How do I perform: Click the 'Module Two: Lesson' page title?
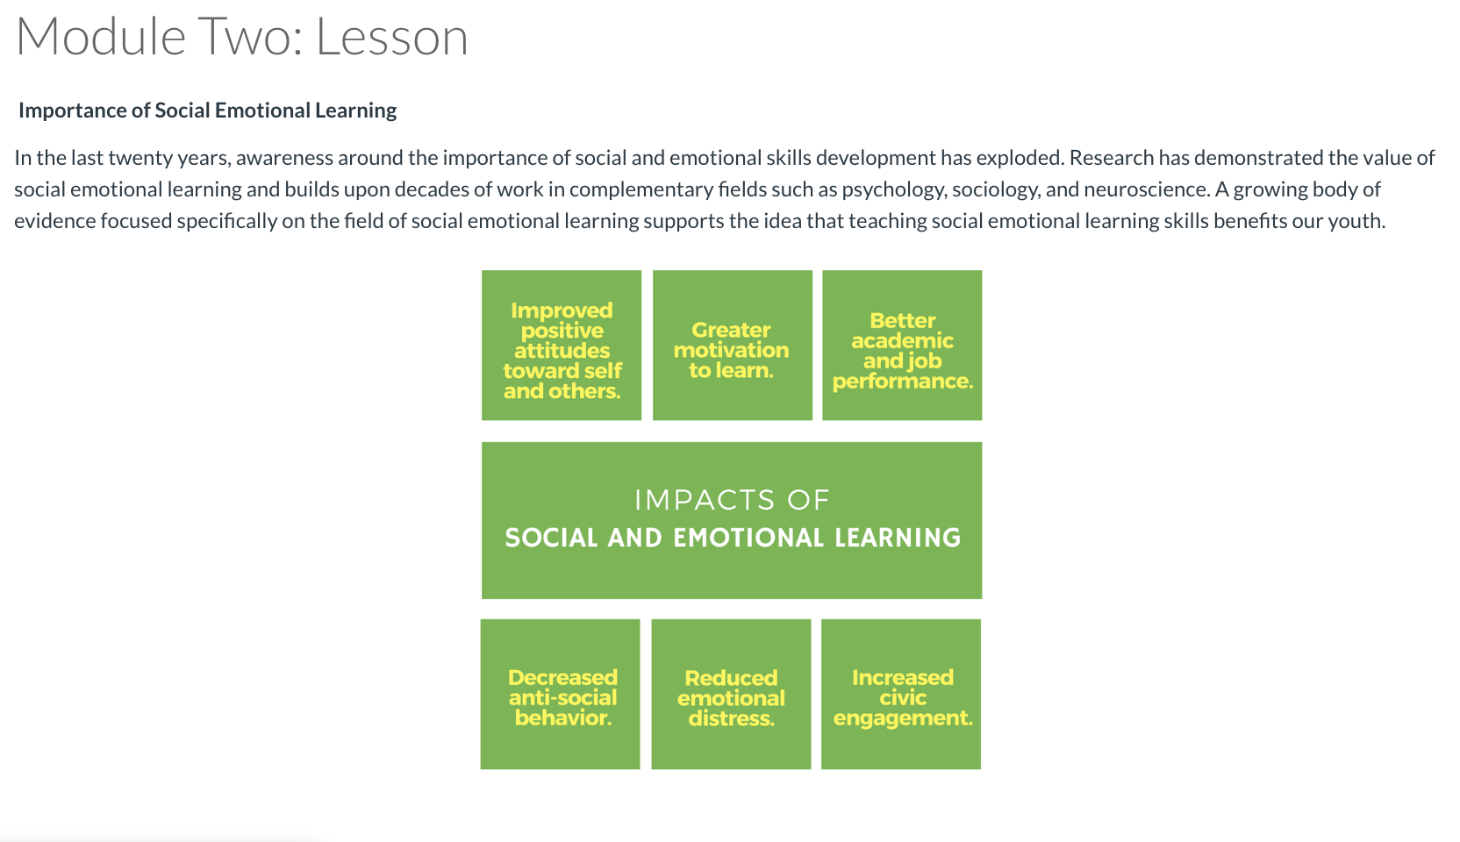tap(242, 37)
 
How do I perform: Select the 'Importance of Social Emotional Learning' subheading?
tap(207, 111)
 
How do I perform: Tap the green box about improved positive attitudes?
tap(562, 346)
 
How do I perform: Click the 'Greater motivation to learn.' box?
tap(733, 346)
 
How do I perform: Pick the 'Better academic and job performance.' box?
tap(902, 346)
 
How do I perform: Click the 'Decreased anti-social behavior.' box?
tap(560, 694)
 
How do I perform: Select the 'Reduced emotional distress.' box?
tap(731, 694)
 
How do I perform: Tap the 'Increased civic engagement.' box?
tap(901, 694)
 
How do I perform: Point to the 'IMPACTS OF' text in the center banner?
tap(732, 500)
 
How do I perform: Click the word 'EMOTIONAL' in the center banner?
tap(748, 538)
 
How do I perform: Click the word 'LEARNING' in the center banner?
tap(898, 538)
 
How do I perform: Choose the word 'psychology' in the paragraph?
tap(894, 189)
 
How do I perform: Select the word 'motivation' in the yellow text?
tap(731, 350)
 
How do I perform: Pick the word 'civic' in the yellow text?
tap(903, 698)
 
